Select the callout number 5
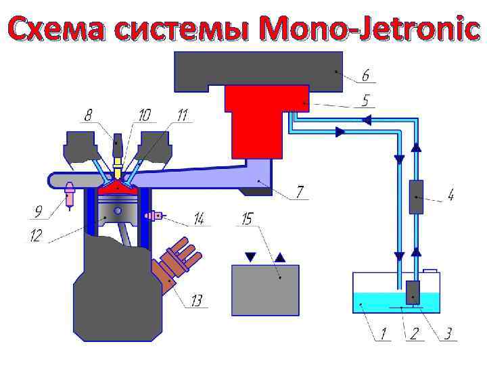click(365, 101)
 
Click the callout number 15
click(247, 218)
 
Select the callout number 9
click(40, 213)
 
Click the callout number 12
click(35, 236)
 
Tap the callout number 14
click(199, 219)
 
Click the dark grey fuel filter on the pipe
click(416, 197)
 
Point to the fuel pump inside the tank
click(413, 292)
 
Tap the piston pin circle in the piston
click(118, 211)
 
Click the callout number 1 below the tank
click(384, 333)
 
